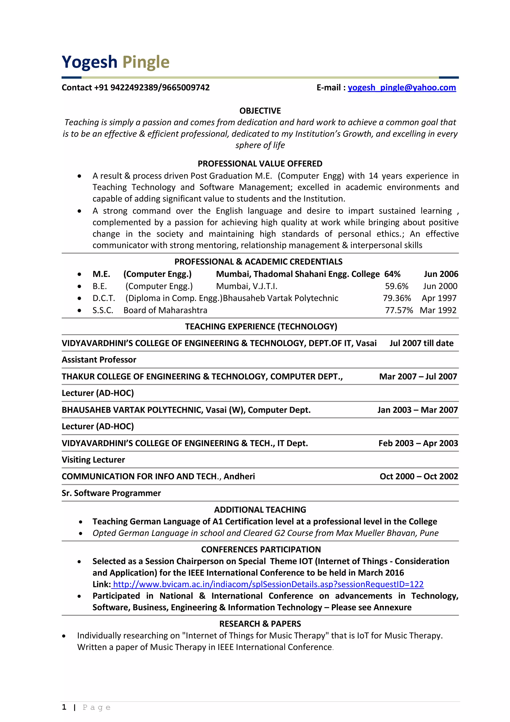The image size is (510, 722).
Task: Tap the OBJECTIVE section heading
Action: (x=260, y=111)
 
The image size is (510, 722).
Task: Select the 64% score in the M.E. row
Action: (x=392, y=274)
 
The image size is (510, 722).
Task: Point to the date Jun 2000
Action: (x=440, y=286)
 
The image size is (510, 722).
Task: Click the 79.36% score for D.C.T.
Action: (x=396, y=298)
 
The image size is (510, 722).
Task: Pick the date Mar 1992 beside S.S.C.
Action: (x=438, y=310)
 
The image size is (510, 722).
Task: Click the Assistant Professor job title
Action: (x=99, y=360)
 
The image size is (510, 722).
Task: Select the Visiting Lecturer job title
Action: (x=93, y=460)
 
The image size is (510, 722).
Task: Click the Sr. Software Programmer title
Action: (x=111, y=493)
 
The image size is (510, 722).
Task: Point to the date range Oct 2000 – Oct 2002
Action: (x=419, y=477)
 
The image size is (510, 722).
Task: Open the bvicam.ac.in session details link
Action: (x=268, y=584)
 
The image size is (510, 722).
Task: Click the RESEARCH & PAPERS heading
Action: (x=260, y=624)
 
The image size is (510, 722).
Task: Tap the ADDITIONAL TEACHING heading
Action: (x=260, y=510)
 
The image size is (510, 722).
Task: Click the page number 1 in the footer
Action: (x=64, y=707)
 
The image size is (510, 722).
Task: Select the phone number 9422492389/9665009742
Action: (x=160, y=87)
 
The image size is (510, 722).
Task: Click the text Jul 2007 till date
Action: (x=421, y=343)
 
